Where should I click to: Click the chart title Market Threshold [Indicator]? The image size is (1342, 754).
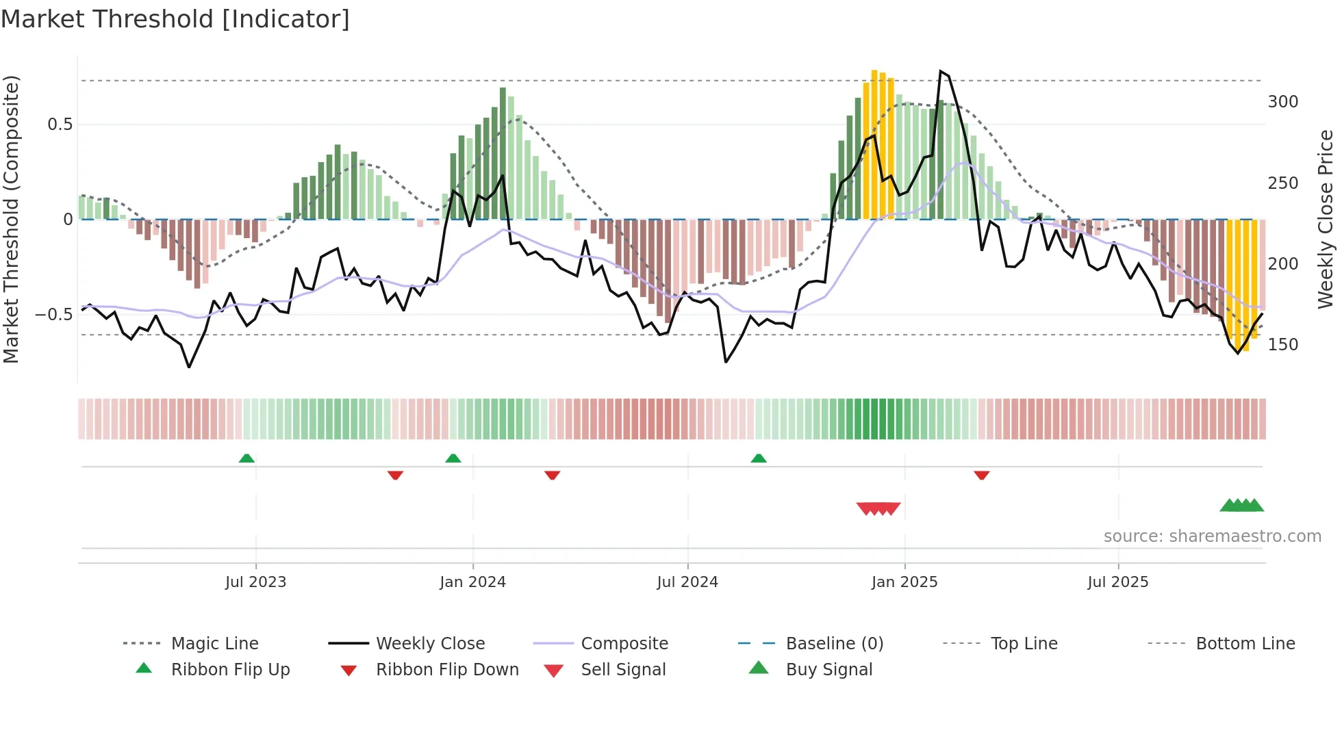pyautogui.click(x=175, y=19)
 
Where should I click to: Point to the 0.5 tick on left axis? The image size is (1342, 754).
pyautogui.click(x=60, y=125)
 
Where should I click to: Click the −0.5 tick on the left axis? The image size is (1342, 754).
pyautogui.click(x=54, y=315)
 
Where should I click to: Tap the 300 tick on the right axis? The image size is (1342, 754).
pyautogui.click(x=1282, y=102)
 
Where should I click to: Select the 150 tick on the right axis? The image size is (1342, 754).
pyautogui.click(x=1282, y=345)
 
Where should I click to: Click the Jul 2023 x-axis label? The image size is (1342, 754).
pyautogui.click(x=255, y=582)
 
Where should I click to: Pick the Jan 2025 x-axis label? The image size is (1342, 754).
pyautogui.click(x=904, y=582)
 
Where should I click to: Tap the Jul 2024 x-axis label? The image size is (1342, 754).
pyautogui.click(x=687, y=582)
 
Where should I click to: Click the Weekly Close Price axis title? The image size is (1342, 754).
pyautogui.click(x=1326, y=219)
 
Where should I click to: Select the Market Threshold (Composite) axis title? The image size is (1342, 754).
pyautogui.click(x=11, y=219)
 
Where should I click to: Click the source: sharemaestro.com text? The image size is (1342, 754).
pyautogui.click(x=1212, y=536)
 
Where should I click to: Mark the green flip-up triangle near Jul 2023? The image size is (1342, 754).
pyautogui.click(x=246, y=458)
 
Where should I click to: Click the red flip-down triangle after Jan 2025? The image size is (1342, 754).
pyautogui.click(x=981, y=475)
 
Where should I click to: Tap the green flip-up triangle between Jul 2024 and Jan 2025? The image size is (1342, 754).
pyautogui.click(x=758, y=458)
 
